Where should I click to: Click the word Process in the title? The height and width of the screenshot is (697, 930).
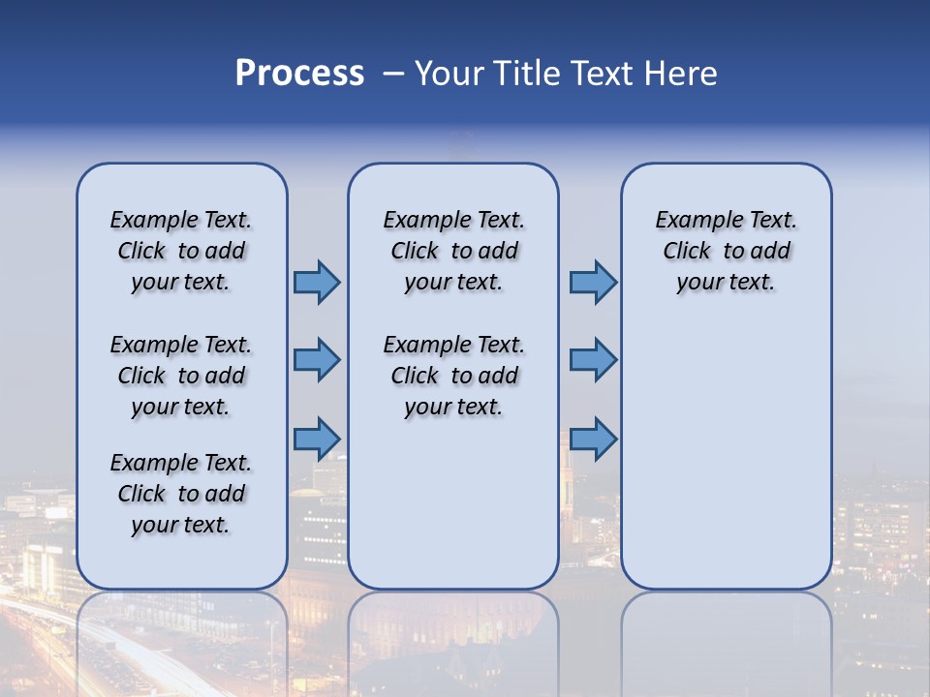(x=299, y=74)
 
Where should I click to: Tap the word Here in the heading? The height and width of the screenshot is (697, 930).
(x=680, y=74)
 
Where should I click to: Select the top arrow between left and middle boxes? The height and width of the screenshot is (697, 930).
(x=317, y=282)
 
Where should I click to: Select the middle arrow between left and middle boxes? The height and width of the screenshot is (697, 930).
(x=317, y=360)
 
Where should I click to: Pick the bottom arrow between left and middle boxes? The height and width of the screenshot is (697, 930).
(x=317, y=439)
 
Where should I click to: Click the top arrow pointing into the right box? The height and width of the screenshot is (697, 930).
(x=593, y=282)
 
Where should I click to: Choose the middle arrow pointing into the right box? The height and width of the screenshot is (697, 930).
(x=593, y=360)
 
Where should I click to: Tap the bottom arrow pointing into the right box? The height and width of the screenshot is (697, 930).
(x=593, y=439)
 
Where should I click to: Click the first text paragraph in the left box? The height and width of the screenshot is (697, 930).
(x=181, y=251)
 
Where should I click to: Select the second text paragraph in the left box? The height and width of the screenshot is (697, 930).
(x=181, y=376)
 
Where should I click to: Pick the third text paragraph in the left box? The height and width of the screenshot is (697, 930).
(x=181, y=494)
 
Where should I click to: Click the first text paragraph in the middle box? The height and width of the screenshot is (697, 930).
(x=453, y=251)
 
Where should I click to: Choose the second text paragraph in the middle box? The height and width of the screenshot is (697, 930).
(x=453, y=376)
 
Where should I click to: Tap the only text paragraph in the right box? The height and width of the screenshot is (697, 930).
(x=726, y=251)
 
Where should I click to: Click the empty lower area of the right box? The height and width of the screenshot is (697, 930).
(x=726, y=455)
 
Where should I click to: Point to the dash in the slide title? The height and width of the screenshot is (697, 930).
(x=393, y=75)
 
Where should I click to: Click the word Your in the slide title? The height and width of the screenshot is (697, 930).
(x=449, y=74)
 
